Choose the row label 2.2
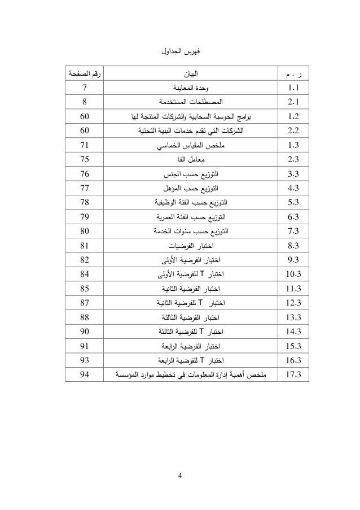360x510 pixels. coord(293,131)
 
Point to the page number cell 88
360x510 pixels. coord(84,316)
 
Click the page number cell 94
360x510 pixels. coord(84,374)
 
